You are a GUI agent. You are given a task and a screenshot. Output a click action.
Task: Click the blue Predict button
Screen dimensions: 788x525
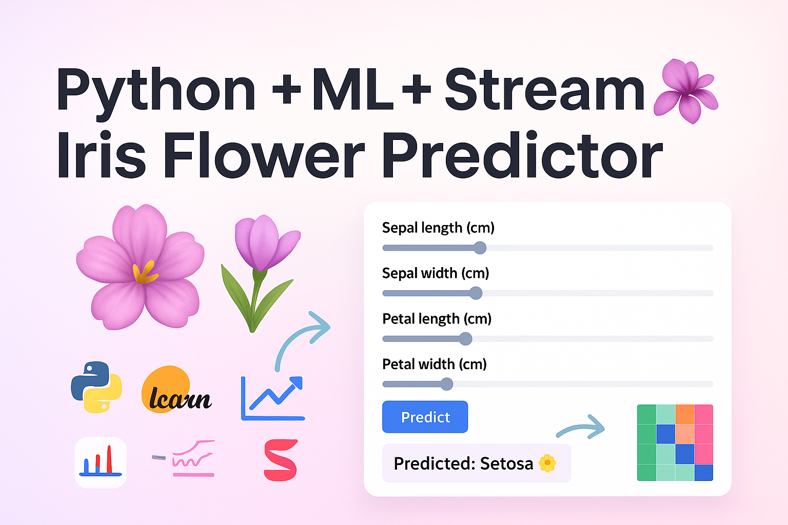[425, 417]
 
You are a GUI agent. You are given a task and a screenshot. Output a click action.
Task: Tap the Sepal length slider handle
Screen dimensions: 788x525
[480, 248]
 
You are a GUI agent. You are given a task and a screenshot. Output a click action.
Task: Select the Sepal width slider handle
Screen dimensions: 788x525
[476, 293]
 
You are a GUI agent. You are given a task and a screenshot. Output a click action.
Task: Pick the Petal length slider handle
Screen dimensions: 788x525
[466, 338]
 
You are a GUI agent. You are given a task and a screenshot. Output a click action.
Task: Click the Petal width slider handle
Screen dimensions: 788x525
[447, 384]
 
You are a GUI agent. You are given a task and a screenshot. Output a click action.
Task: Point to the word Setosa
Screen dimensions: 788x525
[506, 463]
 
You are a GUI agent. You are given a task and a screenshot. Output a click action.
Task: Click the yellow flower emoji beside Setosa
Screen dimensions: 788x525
[547, 463]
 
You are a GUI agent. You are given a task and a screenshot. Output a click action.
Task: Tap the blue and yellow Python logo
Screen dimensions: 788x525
[96, 387]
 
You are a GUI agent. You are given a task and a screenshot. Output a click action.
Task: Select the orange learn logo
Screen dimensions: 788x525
[176, 390]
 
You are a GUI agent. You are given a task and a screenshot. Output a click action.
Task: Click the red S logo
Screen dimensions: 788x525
[281, 460]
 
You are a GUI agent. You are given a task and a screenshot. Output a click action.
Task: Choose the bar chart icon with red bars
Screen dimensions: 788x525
[101, 462]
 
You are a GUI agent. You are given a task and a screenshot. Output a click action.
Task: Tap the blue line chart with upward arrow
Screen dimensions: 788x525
[272, 398]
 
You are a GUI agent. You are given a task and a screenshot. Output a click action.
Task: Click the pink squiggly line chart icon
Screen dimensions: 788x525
[184, 458]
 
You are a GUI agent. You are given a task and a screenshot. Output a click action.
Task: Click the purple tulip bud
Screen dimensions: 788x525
[266, 243]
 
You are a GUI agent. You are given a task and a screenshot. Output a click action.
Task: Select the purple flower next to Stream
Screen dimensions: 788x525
[686, 91]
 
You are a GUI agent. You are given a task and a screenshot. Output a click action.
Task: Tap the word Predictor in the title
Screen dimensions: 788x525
[522, 155]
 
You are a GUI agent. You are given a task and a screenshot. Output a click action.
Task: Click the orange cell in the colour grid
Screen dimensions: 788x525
[684, 414]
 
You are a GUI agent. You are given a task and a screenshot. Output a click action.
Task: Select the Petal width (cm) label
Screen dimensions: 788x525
[435, 365]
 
